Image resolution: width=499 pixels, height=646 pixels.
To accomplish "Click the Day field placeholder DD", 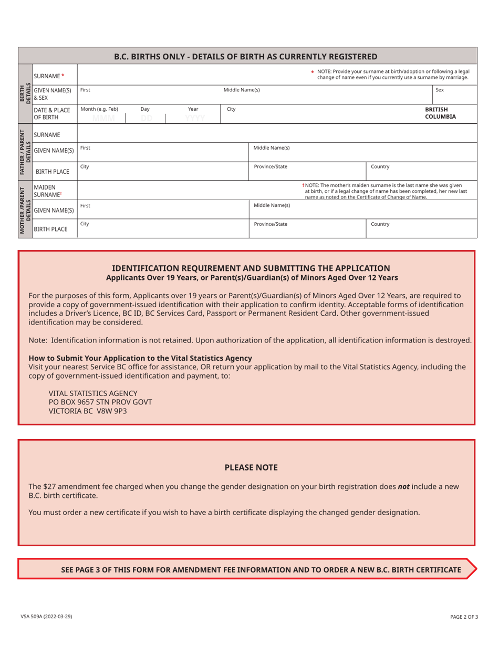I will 146,119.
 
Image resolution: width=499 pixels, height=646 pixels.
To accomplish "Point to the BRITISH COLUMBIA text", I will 440,113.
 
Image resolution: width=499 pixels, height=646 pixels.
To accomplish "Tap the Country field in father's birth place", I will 421,171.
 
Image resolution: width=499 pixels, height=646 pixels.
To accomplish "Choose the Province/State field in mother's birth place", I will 307,228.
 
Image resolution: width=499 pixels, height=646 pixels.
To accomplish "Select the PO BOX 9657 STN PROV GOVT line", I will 100,402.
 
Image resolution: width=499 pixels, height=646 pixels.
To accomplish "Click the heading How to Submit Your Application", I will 140,358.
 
